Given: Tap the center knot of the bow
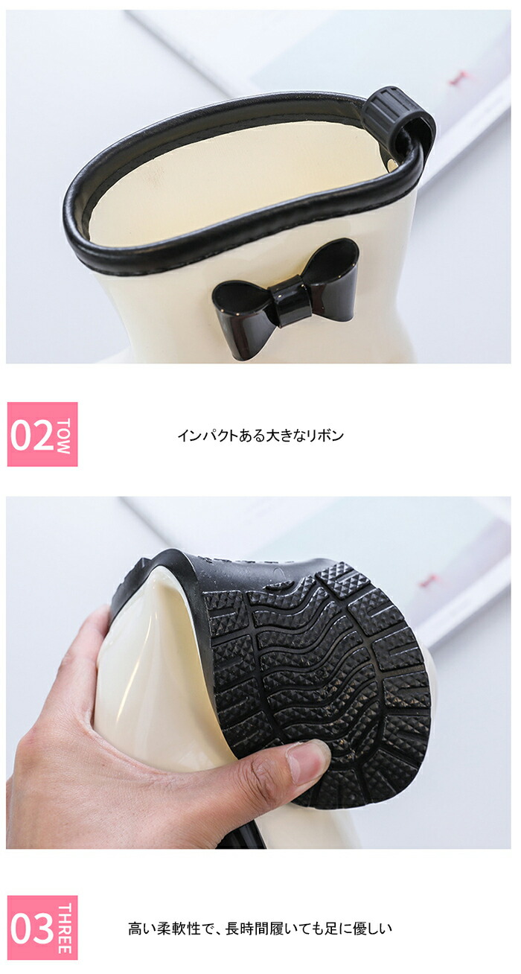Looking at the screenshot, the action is tap(287, 300).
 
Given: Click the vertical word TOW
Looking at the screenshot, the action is tap(63, 436).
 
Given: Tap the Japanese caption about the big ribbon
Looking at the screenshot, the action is tap(260, 436).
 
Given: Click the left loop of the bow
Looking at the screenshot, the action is tap(242, 298).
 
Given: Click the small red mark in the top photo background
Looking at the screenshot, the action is tap(456, 80).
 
